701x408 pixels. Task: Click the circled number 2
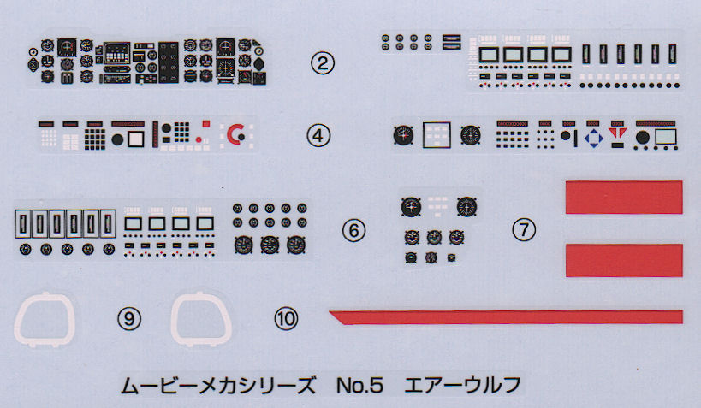click(323, 63)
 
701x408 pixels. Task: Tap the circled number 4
click(318, 135)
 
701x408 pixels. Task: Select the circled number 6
click(353, 231)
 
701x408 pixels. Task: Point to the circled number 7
click(524, 230)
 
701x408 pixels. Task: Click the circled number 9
click(128, 319)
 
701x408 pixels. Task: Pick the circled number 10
click(286, 319)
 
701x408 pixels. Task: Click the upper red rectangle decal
click(624, 197)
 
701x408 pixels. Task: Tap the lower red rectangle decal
click(624, 261)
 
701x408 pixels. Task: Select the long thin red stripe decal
click(506, 316)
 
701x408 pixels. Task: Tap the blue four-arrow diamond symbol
click(594, 138)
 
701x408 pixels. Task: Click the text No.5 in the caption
click(359, 385)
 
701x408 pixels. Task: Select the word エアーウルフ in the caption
click(463, 385)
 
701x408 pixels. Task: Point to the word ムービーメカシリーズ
click(218, 385)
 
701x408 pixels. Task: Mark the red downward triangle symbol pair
click(617, 133)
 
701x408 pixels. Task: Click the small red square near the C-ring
click(206, 124)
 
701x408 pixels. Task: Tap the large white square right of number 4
click(437, 135)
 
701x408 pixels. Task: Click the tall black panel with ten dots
click(169, 62)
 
